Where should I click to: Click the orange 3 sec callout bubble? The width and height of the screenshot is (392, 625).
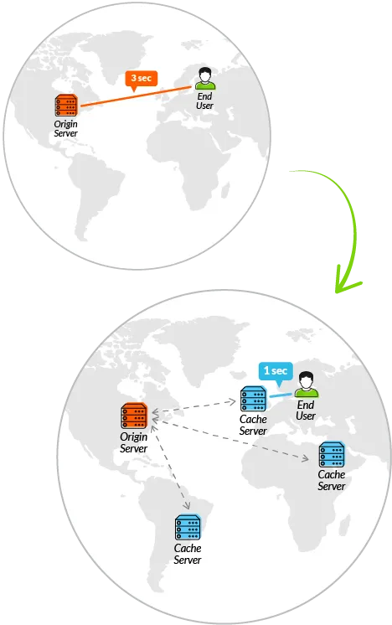(x=142, y=79)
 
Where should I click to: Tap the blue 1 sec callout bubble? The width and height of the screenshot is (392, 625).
(x=276, y=372)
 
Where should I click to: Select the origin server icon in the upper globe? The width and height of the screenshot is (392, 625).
(x=66, y=106)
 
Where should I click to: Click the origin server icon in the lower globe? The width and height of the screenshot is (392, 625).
(x=134, y=416)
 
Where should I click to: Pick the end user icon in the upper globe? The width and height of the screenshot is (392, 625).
(x=205, y=79)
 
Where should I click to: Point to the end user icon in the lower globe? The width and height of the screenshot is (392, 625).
(x=307, y=385)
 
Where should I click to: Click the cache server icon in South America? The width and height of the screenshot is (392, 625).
(x=188, y=527)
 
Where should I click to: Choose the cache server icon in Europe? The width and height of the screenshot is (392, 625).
(x=253, y=399)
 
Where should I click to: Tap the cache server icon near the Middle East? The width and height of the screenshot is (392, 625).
(x=332, y=454)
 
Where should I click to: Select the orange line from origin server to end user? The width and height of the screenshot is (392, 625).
(x=136, y=96)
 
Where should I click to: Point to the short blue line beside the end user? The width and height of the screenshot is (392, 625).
(x=281, y=395)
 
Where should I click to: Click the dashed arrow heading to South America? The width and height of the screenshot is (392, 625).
(x=170, y=467)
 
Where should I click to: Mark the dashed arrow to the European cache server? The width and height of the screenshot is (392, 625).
(x=194, y=406)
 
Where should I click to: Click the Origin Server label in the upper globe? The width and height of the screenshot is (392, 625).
(x=65, y=129)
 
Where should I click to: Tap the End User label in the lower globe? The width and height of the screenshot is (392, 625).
(x=306, y=411)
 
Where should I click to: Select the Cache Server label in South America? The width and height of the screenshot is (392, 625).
(x=188, y=554)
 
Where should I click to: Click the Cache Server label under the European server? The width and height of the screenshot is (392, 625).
(x=253, y=425)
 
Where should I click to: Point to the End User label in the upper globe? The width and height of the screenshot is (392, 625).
(x=204, y=101)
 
